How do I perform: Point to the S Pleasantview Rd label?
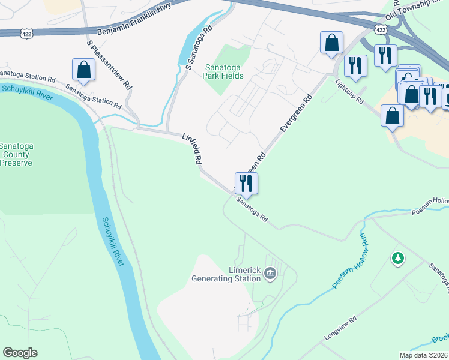click(109, 65)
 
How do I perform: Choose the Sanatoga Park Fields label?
click(224, 71)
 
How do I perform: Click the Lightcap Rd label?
click(349, 91)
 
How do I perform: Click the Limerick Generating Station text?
click(226, 274)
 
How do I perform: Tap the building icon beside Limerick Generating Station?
click(270, 274)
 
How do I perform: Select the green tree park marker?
click(397, 259)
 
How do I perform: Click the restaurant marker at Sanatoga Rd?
click(246, 182)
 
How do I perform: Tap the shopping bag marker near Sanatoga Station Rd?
click(83, 70)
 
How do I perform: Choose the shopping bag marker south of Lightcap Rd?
click(392, 116)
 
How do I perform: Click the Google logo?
click(20, 353)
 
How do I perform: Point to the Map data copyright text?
click(423, 355)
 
